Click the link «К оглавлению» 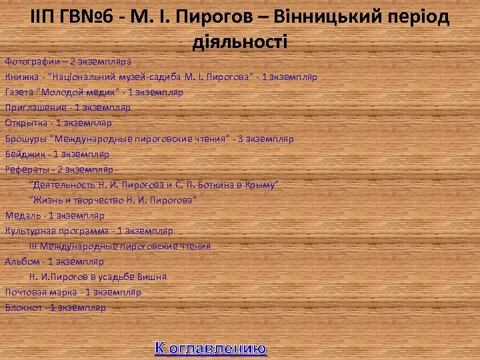click(211, 347)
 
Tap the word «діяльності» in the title click(239, 41)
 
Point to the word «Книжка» click(21, 77)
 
